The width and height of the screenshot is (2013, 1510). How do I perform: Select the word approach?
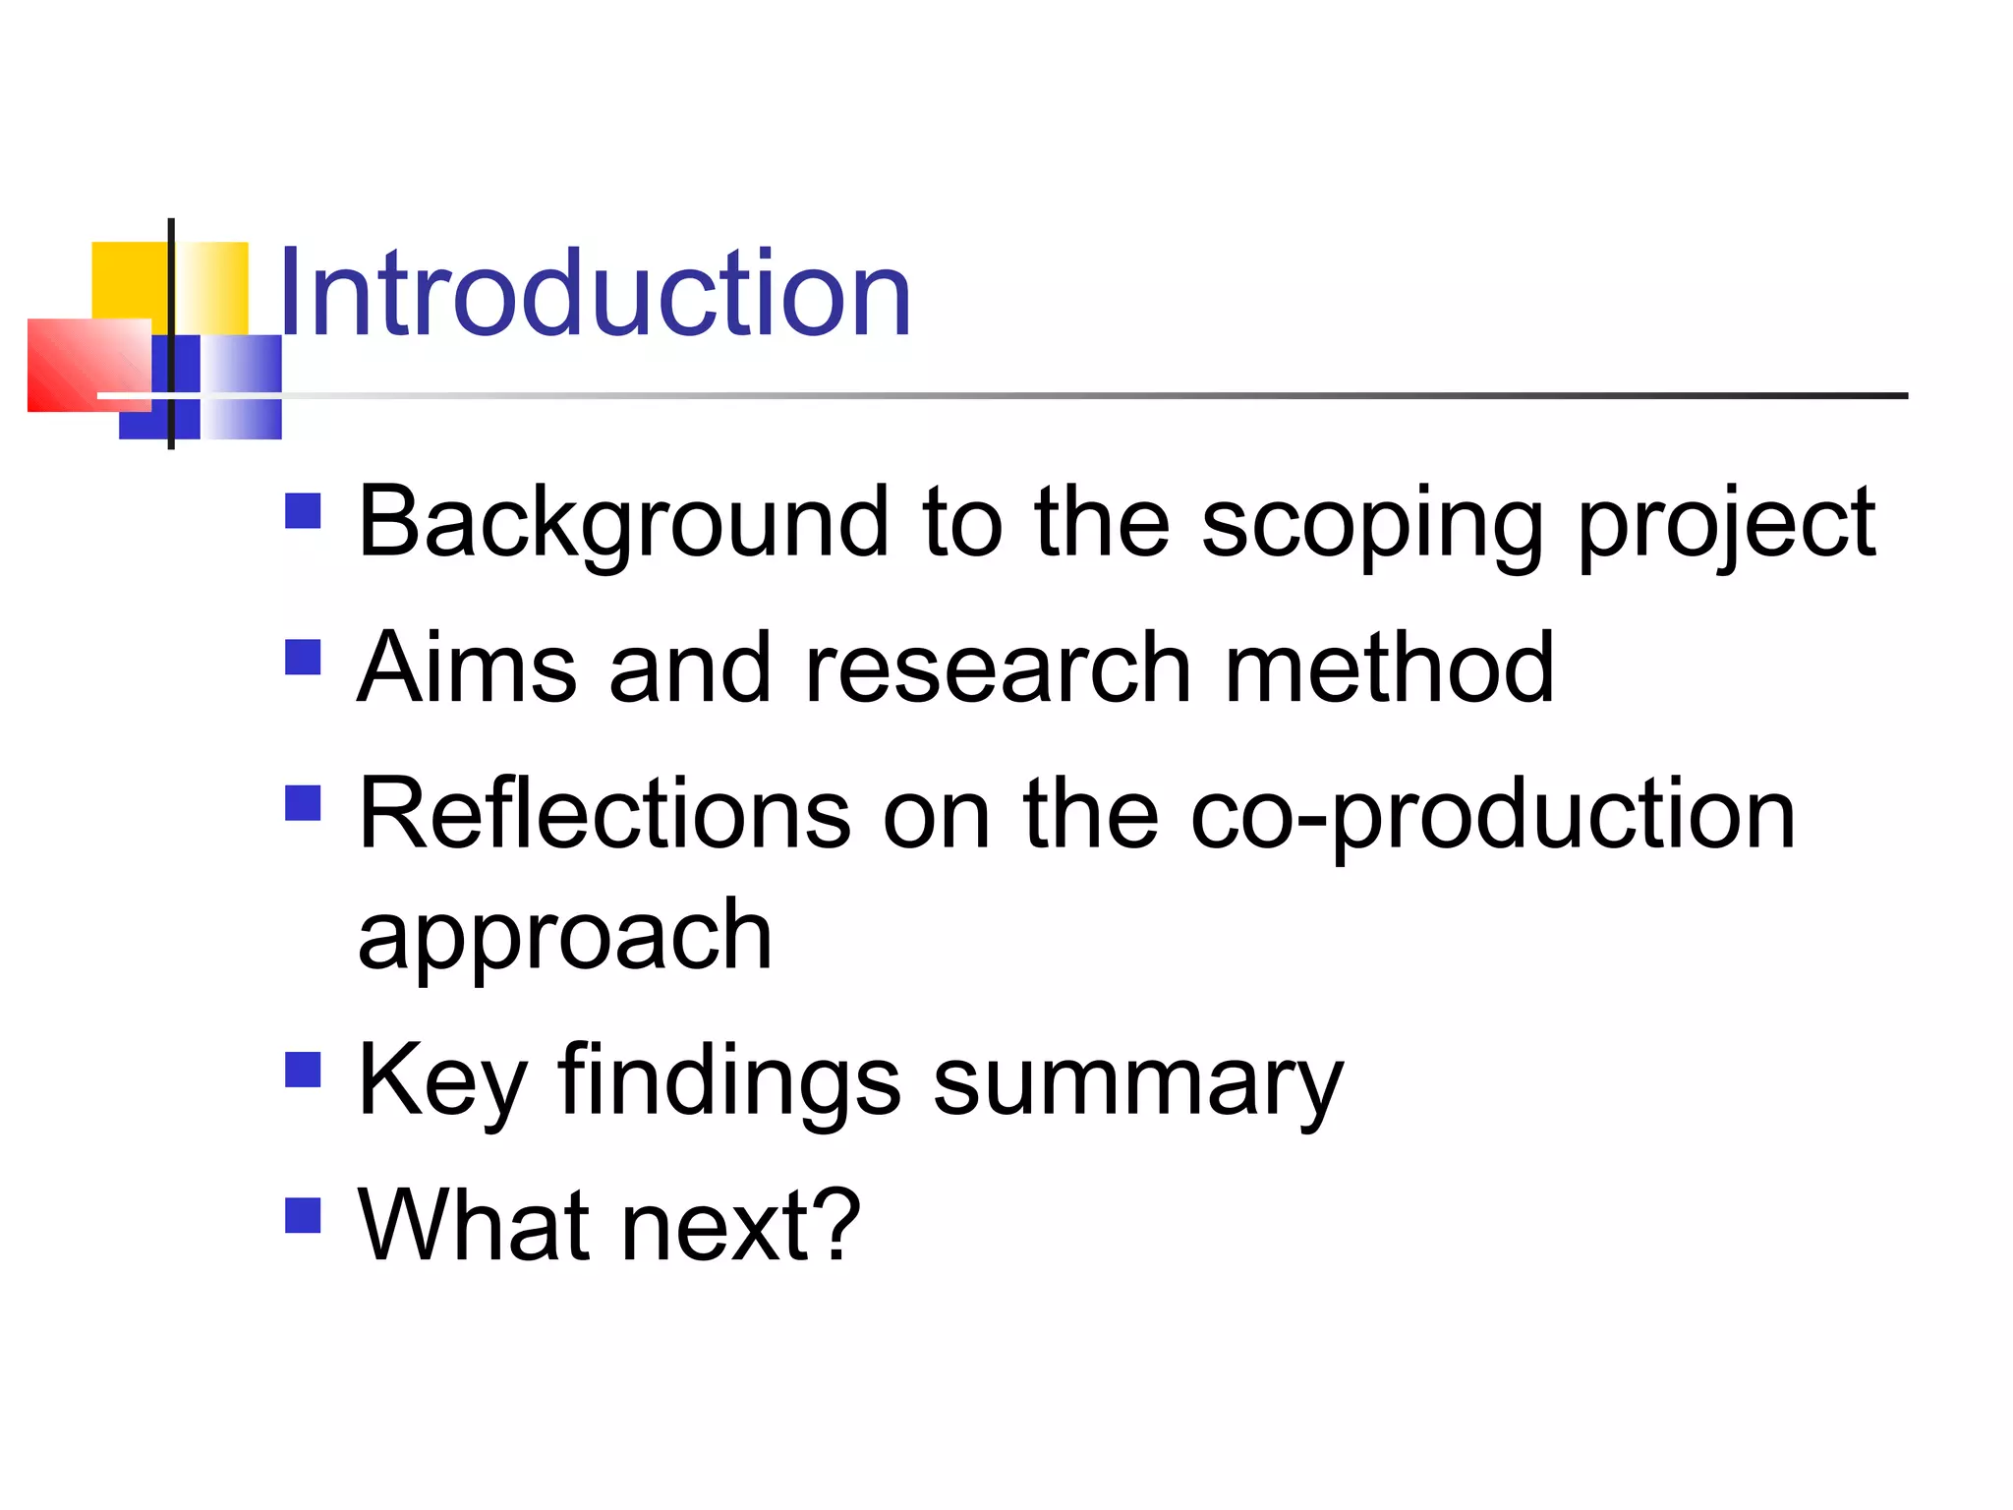click(565, 939)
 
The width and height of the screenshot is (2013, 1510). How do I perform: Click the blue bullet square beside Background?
click(303, 511)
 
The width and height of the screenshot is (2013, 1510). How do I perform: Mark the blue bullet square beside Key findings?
click(303, 1070)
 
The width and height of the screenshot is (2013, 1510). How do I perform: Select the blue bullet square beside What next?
click(303, 1214)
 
